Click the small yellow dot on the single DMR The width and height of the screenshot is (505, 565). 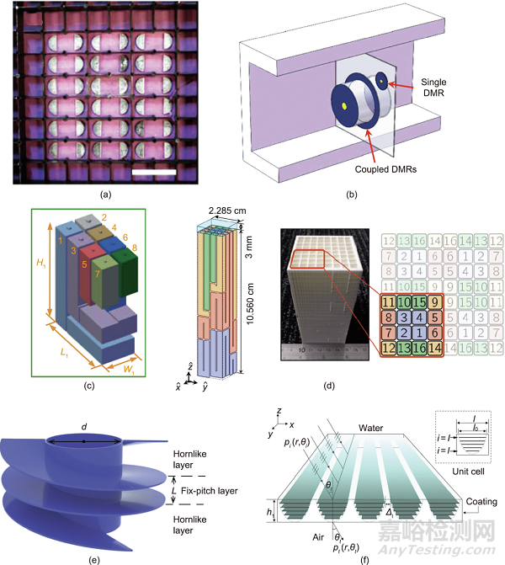[380, 80]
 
